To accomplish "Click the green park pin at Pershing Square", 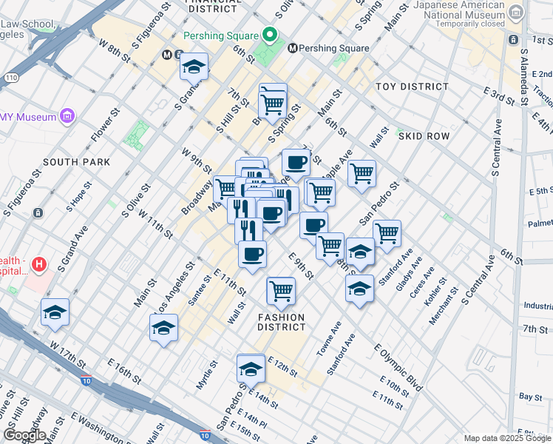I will pyautogui.click(x=270, y=36).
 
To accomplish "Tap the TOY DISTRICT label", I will pyautogui.click(x=412, y=87).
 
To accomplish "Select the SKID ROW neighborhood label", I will pyautogui.click(x=424, y=137).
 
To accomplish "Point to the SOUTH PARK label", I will pyautogui.click(x=76, y=162).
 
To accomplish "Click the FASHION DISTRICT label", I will pyautogui.click(x=282, y=322).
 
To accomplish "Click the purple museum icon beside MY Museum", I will pyautogui.click(x=69, y=116).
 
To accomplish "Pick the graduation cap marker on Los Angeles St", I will pyautogui.click(x=163, y=328).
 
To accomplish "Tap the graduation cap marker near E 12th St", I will pyautogui.click(x=251, y=368).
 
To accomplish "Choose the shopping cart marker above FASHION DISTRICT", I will pyautogui.click(x=281, y=291).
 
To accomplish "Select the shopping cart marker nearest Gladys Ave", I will pyautogui.click(x=387, y=232).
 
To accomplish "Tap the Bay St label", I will pyautogui.click(x=531, y=397).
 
